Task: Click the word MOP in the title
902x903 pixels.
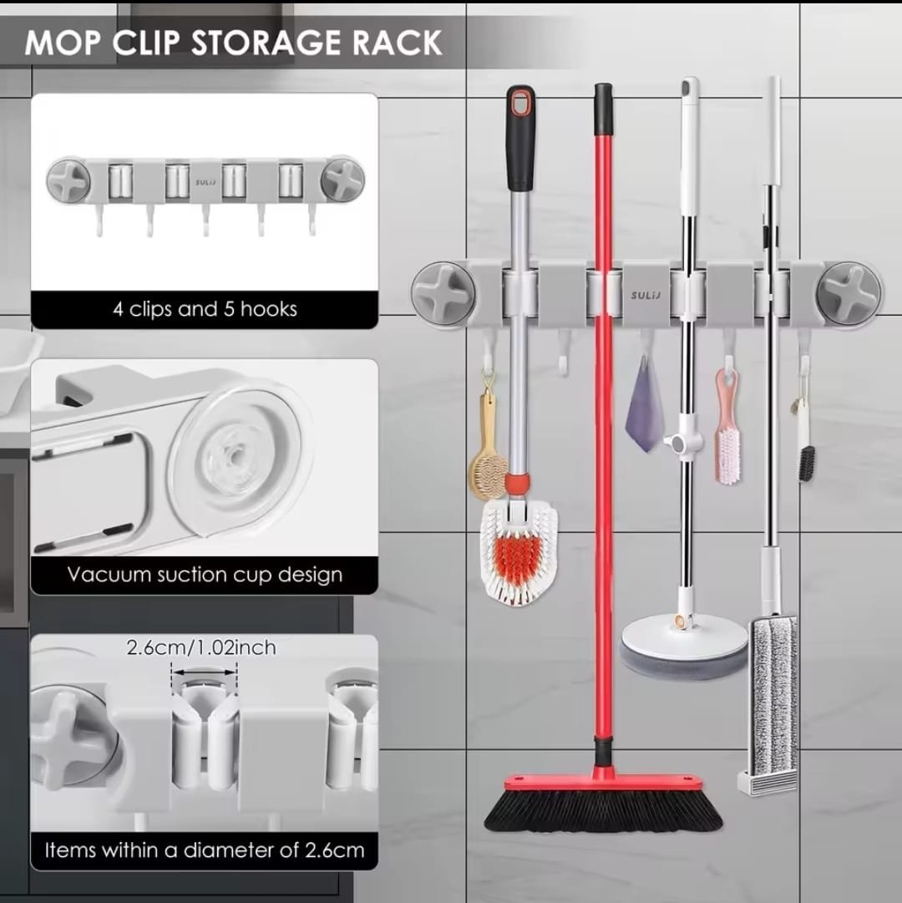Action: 63,43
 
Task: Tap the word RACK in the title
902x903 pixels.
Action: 398,43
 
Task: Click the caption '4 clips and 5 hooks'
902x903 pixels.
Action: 205,309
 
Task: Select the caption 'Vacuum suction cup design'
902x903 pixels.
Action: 205,574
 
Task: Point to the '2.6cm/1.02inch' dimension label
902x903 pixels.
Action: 201,647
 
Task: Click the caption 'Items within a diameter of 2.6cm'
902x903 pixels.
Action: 205,850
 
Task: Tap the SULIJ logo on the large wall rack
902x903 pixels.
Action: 646,296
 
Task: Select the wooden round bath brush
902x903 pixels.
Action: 488,461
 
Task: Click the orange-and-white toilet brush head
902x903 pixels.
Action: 518,553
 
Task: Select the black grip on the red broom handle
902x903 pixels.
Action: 603,109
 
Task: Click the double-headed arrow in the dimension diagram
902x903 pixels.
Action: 205,672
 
